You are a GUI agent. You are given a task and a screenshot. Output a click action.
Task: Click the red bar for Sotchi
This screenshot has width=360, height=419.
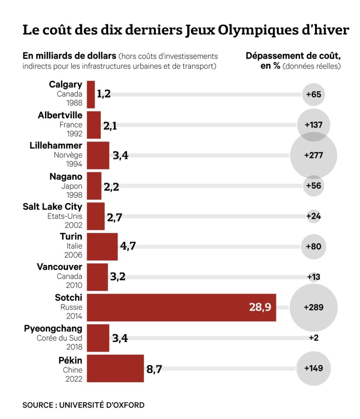[180, 307]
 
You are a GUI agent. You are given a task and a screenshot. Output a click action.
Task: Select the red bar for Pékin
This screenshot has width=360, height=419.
[115, 368]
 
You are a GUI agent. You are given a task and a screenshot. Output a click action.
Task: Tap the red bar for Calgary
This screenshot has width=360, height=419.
[91, 95]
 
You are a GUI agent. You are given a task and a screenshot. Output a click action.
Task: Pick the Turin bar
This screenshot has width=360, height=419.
[102, 246]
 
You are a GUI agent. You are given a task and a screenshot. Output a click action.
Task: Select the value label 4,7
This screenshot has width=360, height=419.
[128, 246]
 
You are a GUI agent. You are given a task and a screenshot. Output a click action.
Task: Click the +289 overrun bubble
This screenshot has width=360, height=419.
[314, 307]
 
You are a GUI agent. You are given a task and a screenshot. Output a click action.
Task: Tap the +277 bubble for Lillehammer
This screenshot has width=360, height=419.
[314, 155]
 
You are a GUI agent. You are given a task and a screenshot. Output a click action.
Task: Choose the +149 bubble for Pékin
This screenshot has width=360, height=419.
[314, 368]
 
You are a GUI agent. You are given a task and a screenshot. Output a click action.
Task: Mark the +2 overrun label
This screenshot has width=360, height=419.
[314, 338]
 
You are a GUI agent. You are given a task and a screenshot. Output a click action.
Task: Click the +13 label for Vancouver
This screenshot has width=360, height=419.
[314, 277]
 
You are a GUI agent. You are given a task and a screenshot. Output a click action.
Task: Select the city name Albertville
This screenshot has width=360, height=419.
[60, 115]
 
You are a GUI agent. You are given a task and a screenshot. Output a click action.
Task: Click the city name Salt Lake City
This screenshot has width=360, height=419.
[52, 207]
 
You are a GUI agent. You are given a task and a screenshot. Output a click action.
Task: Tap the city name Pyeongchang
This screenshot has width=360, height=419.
[53, 329]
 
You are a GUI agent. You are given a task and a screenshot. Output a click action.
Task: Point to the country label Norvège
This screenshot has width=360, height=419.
[68, 155]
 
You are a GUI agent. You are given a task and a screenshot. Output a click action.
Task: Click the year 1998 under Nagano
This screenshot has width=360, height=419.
[74, 194]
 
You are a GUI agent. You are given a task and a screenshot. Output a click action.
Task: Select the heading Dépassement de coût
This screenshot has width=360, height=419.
[293, 56]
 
